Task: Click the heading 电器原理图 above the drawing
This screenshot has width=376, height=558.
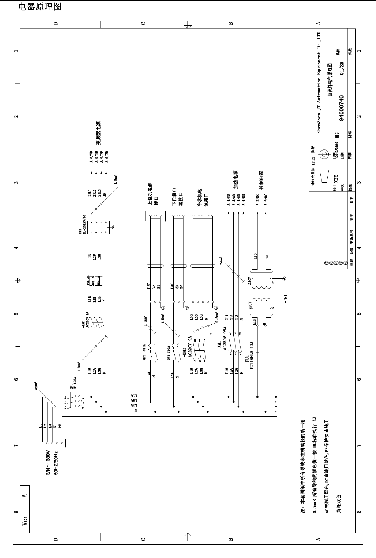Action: pos(40,7)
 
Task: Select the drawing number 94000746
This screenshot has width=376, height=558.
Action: pos(341,108)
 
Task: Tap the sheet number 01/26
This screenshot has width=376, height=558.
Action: pos(341,68)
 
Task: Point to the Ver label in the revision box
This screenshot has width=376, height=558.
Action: pos(25,520)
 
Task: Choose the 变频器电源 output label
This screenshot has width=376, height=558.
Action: pos(98,133)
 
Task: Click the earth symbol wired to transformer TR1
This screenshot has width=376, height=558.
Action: pos(284,279)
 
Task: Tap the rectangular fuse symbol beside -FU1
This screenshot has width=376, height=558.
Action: pos(257,359)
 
